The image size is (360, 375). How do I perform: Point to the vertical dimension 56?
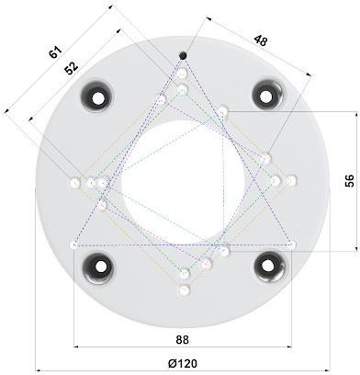348,180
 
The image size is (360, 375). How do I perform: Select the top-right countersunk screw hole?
267,94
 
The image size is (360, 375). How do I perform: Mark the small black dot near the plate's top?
183,55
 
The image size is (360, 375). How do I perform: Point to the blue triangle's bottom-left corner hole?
74,244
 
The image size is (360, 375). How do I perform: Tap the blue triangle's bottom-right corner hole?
292,244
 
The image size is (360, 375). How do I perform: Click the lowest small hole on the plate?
184,290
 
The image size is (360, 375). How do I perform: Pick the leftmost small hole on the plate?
74,183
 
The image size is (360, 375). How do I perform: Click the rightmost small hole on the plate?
292,179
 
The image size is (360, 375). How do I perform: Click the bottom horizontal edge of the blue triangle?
183,244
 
